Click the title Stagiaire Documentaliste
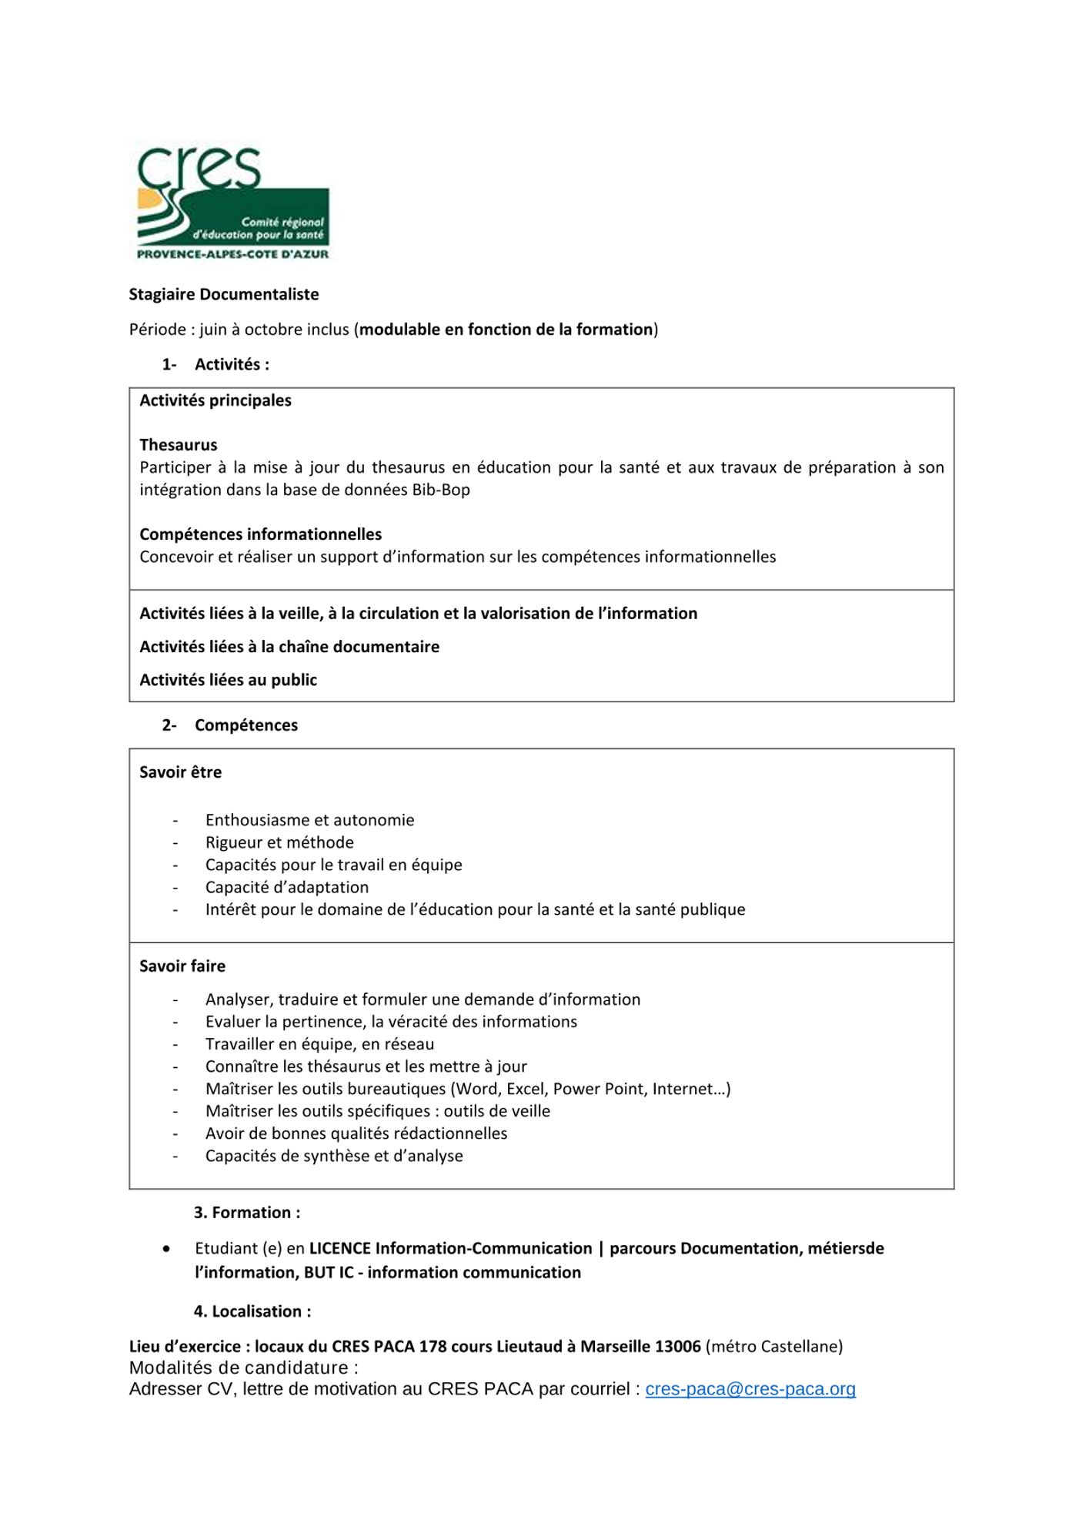pos(223,294)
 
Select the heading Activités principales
pos(215,400)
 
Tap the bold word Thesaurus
pos(178,445)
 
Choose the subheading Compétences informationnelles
pos(260,534)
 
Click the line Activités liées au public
pos(228,680)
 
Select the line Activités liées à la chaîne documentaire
pos(289,647)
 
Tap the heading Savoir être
pos(180,772)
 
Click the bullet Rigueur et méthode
pos(279,842)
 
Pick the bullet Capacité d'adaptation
pos(287,887)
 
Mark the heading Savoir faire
pos(182,966)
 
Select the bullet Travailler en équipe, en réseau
pos(319,1044)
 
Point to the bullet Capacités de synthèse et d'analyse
pos(334,1156)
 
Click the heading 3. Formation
pos(247,1213)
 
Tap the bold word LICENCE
pos(340,1248)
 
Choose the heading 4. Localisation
pos(252,1311)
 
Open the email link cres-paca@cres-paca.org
pos(750,1389)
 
